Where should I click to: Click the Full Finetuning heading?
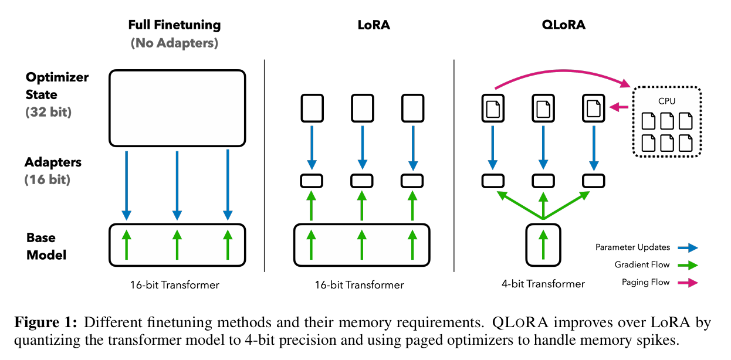click(x=175, y=25)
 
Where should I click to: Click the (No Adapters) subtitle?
click(x=175, y=43)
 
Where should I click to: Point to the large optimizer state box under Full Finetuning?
click(x=177, y=107)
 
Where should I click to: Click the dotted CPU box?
click(x=666, y=122)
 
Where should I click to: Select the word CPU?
click(x=666, y=101)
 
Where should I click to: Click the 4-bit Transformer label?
click(x=543, y=284)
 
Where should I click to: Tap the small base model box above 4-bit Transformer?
click(x=543, y=243)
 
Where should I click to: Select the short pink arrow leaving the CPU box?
click(x=620, y=107)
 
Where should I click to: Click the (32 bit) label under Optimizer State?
click(x=48, y=111)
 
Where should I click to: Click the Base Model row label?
click(x=46, y=246)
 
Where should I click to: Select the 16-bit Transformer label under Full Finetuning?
click(x=175, y=285)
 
